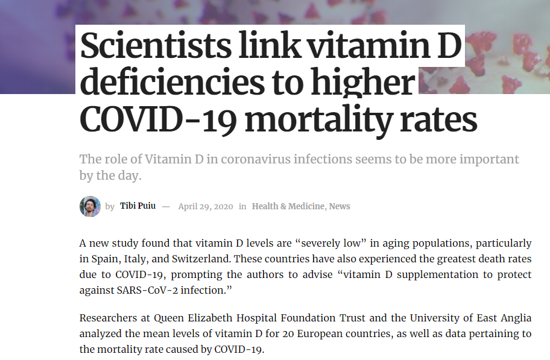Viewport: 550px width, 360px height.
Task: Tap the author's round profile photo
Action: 90,206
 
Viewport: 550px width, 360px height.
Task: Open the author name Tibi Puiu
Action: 137,206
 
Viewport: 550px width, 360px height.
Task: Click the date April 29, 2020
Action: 205,206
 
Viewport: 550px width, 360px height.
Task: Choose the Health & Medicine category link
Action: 288,206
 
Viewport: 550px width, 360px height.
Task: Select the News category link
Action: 340,206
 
